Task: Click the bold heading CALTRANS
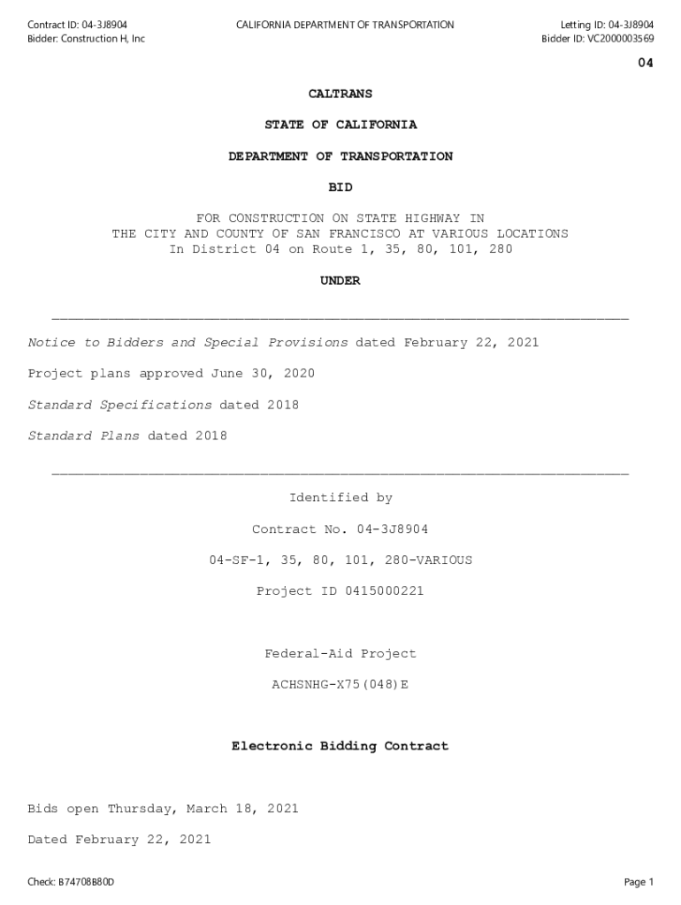coord(340,94)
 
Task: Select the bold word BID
coord(340,187)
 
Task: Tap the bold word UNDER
coord(340,281)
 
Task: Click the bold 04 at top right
coord(646,64)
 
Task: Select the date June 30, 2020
coord(262,374)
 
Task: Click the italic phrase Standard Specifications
coord(119,405)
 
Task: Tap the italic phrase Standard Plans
coord(83,436)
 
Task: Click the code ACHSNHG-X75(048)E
coord(340,684)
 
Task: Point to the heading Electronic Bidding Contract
coord(340,747)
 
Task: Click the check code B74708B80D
coord(87,882)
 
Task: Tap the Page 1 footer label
coord(639,882)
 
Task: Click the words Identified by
coord(340,498)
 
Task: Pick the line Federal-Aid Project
coord(340,653)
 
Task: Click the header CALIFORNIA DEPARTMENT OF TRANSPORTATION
coord(345,25)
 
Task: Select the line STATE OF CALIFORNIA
coord(340,125)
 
